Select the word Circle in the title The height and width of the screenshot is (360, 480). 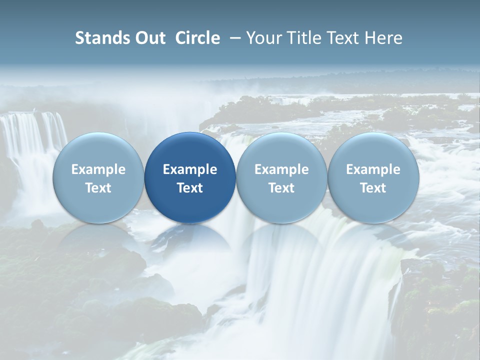coord(197,38)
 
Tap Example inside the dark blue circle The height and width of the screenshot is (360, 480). coord(190,169)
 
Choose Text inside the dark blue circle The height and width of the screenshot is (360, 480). coord(190,188)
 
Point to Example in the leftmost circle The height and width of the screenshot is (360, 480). coord(98,169)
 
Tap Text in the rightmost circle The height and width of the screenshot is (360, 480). coord(373,188)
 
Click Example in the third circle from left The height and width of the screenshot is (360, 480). coord(281,169)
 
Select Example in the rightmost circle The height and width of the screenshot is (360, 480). coord(373,169)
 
